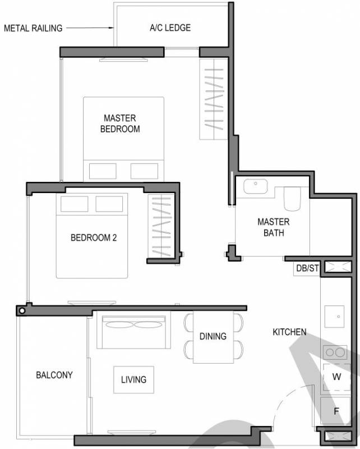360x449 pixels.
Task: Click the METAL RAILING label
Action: click(x=33, y=28)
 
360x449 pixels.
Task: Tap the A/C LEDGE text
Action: click(x=170, y=28)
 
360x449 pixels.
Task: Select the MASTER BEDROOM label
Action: click(x=120, y=123)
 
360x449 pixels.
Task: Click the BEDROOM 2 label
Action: click(x=94, y=237)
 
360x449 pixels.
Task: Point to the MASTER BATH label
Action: click(x=274, y=227)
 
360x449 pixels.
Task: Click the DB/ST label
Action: click(x=307, y=268)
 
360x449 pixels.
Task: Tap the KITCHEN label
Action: click(x=289, y=332)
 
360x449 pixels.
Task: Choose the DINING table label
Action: click(x=213, y=336)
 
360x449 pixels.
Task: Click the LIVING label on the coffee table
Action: click(x=133, y=380)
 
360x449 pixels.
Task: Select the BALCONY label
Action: click(x=54, y=375)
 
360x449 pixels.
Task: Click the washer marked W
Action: click(x=336, y=377)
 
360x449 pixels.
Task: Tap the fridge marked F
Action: click(x=336, y=411)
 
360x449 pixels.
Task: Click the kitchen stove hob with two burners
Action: click(x=335, y=352)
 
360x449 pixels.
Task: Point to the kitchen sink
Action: click(x=334, y=317)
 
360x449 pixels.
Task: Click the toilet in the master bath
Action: click(x=292, y=199)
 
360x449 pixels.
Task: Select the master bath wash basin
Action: click(x=256, y=186)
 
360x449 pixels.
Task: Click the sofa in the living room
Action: click(x=133, y=329)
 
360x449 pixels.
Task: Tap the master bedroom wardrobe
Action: click(x=214, y=99)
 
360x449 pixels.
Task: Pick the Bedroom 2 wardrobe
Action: click(x=161, y=226)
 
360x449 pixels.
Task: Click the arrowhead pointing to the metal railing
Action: click(x=112, y=28)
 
